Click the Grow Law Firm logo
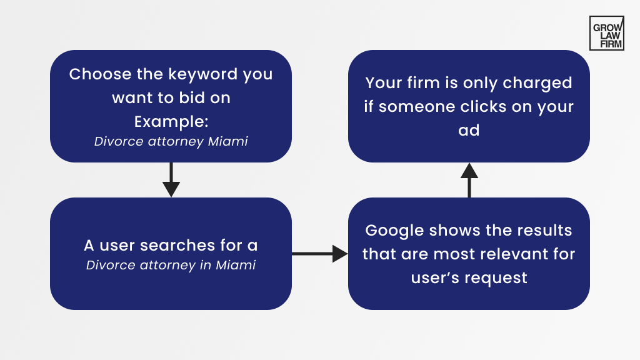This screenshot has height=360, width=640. point(606,33)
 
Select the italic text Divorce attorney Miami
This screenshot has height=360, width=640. point(171,142)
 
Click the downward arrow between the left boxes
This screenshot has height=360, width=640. point(171,181)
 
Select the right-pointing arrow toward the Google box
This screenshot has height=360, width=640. point(319,254)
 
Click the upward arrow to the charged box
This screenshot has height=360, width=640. point(469,180)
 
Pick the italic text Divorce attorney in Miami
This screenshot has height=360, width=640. point(171,265)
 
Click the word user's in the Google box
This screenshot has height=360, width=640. point(433,278)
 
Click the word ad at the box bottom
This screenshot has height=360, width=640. point(469,130)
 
